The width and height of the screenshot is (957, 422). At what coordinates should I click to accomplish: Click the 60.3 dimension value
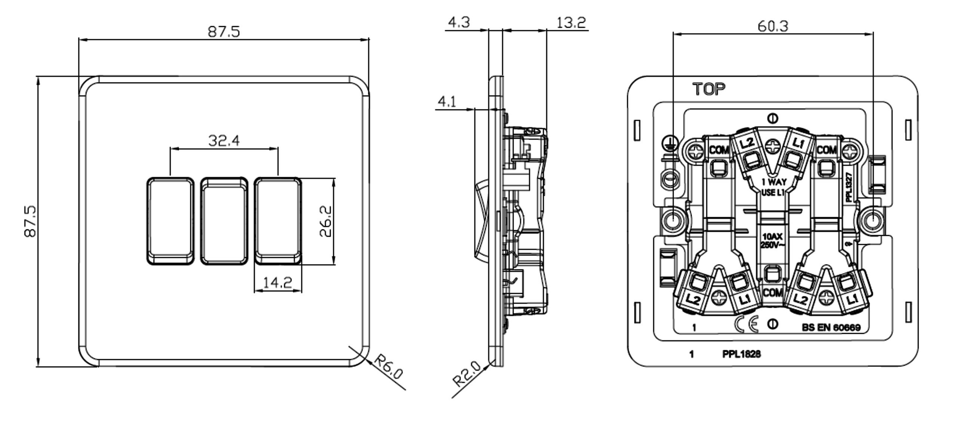point(773,26)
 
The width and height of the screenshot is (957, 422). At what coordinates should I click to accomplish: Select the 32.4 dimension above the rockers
point(224,141)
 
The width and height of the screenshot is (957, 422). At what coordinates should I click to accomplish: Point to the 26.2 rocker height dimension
point(326,221)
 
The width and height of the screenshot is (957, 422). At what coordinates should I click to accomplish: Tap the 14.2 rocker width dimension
point(277,283)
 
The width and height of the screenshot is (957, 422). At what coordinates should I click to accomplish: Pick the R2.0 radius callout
point(467,373)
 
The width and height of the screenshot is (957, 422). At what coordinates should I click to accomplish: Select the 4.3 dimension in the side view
point(459,22)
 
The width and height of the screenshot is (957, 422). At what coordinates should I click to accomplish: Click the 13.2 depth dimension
point(571,22)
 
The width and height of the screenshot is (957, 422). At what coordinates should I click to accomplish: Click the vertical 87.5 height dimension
point(30,221)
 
